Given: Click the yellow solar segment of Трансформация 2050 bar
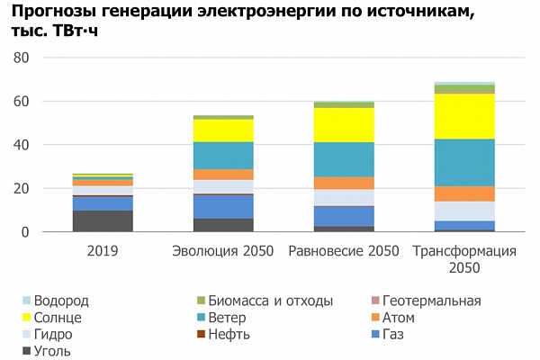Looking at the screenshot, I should click(464, 116).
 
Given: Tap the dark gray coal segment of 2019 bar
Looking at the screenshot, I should click(103, 221).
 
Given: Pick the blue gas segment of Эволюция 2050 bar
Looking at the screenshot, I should click(223, 207).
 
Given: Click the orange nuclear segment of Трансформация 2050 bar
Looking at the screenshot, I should click(464, 193).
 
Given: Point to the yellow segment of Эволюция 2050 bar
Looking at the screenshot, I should click(223, 130).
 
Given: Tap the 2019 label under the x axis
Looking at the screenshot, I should click(103, 249).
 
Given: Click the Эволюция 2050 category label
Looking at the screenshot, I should click(223, 249).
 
